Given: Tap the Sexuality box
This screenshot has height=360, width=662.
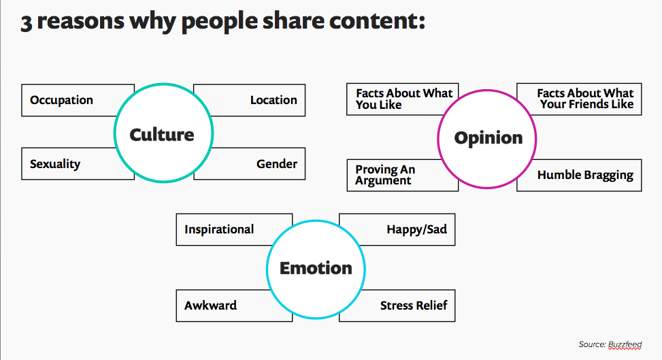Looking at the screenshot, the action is click(67, 163).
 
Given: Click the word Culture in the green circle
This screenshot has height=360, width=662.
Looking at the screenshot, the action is click(162, 135).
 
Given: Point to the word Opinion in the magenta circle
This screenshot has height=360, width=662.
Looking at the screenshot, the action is click(489, 138).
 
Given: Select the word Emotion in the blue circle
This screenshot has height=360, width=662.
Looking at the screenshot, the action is click(316, 268).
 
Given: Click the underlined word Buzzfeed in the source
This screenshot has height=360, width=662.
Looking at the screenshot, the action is click(625, 344).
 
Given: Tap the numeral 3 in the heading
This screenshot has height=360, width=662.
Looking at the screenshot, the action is click(26, 22).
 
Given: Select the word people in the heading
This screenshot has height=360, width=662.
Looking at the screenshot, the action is click(219, 22).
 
